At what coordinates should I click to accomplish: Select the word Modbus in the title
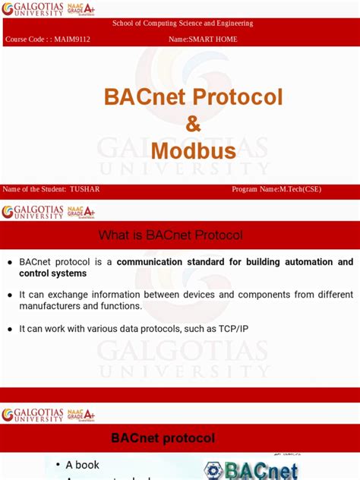tap(193, 150)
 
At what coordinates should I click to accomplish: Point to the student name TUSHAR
tap(84, 189)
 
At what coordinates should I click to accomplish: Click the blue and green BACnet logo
tap(251, 469)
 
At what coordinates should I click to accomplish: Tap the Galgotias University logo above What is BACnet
tap(33, 211)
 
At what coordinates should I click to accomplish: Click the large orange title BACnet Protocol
tap(193, 97)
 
